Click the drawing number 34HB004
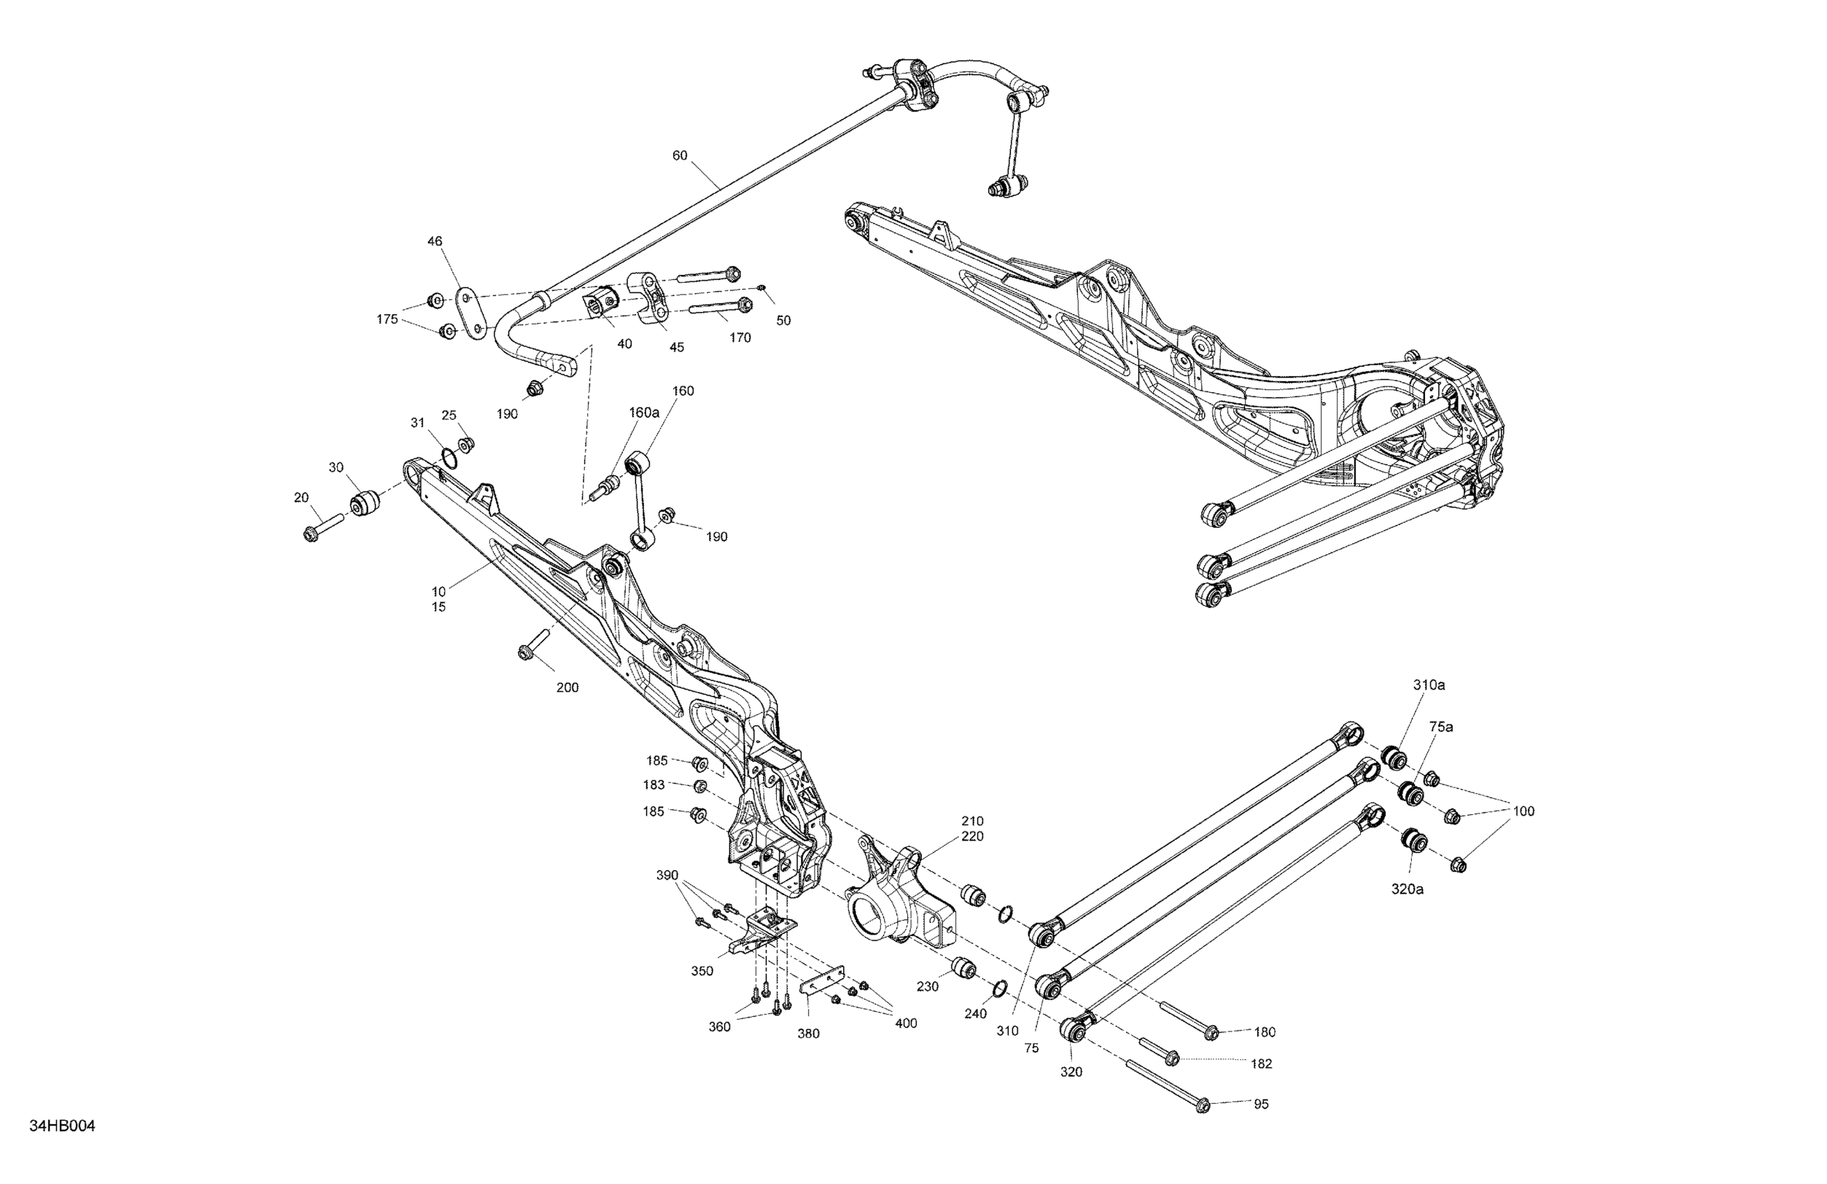coord(62,1126)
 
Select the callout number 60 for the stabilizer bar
coord(679,156)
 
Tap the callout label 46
coord(435,241)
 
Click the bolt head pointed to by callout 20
coord(310,534)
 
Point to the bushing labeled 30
coord(367,503)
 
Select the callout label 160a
coord(644,412)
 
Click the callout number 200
coord(567,687)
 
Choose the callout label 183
coord(654,785)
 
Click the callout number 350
coord(702,971)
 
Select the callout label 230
coord(927,987)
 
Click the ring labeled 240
coord(999,988)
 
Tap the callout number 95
coord(1261,1104)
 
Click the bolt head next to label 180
coord(1210,1031)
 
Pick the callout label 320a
coord(1407,889)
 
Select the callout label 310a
coord(1428,685)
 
